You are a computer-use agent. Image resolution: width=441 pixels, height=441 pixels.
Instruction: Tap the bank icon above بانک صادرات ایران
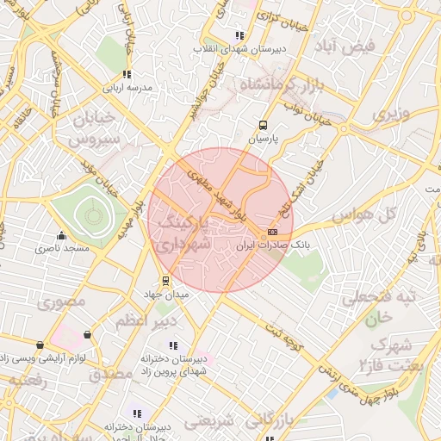(x=272, y=233)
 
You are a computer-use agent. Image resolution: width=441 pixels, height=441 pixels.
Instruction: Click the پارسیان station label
(x=265, y=138)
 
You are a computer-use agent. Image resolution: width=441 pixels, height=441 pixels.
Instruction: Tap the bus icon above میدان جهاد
(x=165, y=281)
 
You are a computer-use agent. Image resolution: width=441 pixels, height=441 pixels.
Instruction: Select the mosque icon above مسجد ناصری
(x=60, y=236)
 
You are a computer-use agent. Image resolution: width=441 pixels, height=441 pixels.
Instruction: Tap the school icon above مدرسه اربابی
(x=127, y=74)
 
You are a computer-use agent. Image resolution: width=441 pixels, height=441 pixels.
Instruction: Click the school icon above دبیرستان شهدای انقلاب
(x=239, y=36)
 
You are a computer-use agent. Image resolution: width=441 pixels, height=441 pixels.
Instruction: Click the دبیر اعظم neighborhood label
(x=145, y=320)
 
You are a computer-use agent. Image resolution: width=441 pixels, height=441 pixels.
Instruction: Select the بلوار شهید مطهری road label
(x=213, y=194)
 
